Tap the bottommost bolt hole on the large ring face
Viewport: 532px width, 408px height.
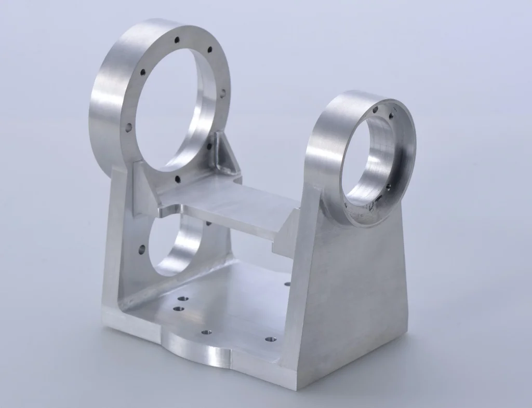click(x=178, y=180)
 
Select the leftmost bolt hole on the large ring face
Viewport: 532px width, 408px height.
click(x=128, y=126)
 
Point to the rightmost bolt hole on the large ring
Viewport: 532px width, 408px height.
click(x=223, y=93)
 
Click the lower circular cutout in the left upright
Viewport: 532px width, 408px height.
click(x=174, y=244)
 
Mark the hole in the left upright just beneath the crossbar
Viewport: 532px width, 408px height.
click(x=208, y=223)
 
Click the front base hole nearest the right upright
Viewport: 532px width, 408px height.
click(x=270, y=339)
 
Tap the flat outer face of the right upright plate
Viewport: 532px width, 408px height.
click(x=353, y=291)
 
